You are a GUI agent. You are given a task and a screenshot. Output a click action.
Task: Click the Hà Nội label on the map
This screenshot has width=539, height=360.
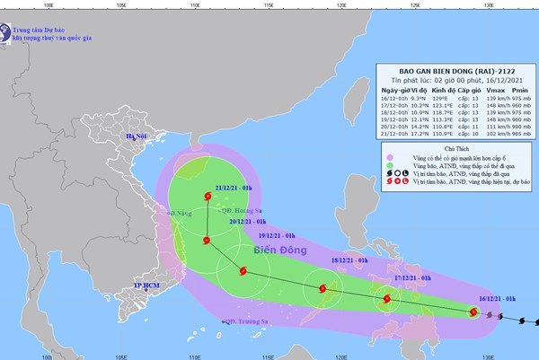point(136,136)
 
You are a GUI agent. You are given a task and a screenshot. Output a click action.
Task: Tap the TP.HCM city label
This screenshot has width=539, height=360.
point(146,286)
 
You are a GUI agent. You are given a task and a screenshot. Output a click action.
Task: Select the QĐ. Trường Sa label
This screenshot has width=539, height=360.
point(247,320)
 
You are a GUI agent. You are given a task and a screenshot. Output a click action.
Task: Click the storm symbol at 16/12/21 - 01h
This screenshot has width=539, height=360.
point(473,312)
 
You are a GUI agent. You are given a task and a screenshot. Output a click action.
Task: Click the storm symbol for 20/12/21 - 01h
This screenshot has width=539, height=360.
point(208,241)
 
